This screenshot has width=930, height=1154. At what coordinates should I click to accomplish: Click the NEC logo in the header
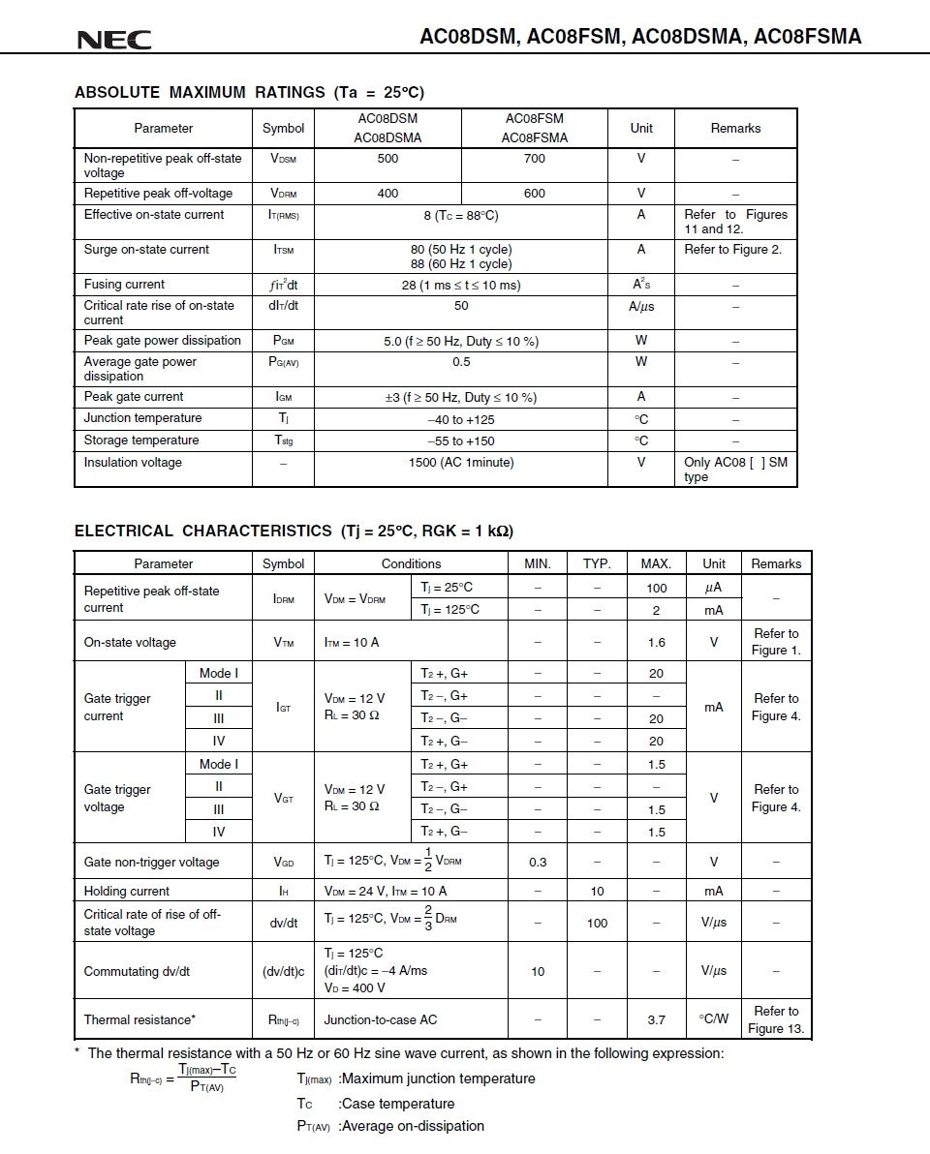(x=113, y=40)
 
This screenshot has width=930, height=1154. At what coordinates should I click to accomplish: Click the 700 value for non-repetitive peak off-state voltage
(x=535, y=158)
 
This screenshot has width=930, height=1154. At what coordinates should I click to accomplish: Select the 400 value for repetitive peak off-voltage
(x=387, y=193)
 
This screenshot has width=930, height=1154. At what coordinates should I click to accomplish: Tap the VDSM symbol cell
(x=283, y=158)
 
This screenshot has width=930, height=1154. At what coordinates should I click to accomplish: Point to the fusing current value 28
(x=461, y=285)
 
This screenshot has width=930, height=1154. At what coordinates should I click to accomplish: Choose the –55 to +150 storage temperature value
(x=461, y=440)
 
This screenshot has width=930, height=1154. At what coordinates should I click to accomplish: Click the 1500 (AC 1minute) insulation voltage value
(x=461, y=462)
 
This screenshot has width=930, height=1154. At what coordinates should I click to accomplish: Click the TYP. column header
(x=597, y=563)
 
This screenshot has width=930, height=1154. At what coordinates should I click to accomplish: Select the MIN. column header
(x=538, y=563)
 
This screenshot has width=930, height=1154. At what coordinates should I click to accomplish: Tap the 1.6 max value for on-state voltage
(x=656, y=642)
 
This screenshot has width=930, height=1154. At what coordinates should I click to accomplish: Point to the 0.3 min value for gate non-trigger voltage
(x=538, y=862)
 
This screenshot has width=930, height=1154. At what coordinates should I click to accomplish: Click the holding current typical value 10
(x=597, y=891)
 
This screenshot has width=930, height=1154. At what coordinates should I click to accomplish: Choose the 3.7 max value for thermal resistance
(x=656, y=1019)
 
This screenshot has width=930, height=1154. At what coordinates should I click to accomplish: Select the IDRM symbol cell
(x=283, y=599)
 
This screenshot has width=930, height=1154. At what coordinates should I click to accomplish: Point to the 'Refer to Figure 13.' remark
(x=776, y=1019)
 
